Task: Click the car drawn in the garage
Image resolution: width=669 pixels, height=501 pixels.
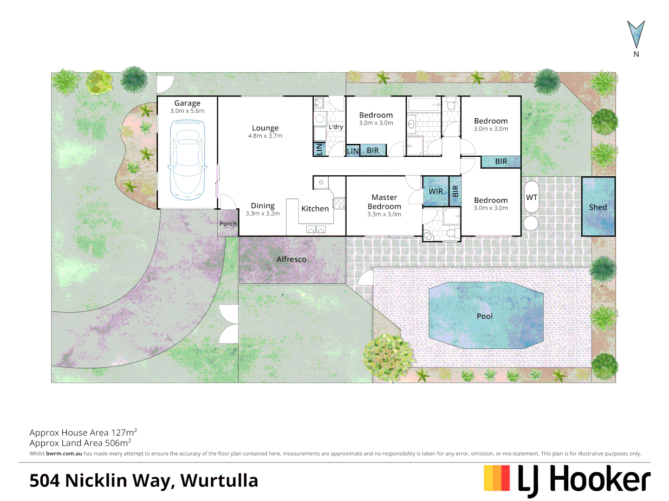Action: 188,160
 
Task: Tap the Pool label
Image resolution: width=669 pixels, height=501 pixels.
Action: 484,316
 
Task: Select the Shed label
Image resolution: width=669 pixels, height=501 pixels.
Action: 598,207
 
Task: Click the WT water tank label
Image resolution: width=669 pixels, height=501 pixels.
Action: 531,197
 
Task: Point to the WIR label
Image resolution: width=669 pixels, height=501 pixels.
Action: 435,191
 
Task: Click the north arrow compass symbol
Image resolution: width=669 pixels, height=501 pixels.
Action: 636,34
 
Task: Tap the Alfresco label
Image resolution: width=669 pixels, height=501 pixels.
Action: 291,259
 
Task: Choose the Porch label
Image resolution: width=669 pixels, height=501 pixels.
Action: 228,224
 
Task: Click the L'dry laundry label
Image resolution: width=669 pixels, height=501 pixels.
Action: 336,127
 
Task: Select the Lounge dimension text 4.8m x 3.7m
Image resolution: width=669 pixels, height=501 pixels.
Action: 265,136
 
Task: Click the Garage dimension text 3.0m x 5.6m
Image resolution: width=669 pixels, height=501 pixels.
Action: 187,111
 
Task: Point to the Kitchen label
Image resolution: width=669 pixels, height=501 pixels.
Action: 315,209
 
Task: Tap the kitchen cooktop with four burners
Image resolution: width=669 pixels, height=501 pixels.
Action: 339,203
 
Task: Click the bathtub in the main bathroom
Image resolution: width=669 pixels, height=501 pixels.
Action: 423,104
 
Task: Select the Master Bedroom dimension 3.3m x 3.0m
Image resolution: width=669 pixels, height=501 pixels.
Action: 384,214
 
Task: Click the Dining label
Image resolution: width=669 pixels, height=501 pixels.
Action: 263,206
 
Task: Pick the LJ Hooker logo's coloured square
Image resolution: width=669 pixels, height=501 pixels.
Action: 497,478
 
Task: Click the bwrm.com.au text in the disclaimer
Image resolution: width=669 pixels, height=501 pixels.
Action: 64,454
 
